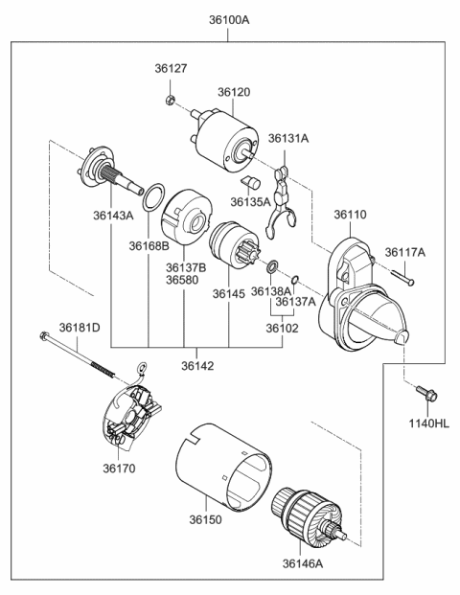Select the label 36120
(x=233, y=91)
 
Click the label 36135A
(x=250, y=201)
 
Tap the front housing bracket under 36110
(x=364, y=298)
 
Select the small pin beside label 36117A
(x=404, y=279)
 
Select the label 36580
(x=183, y=280)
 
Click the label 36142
(x=195, y=365)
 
